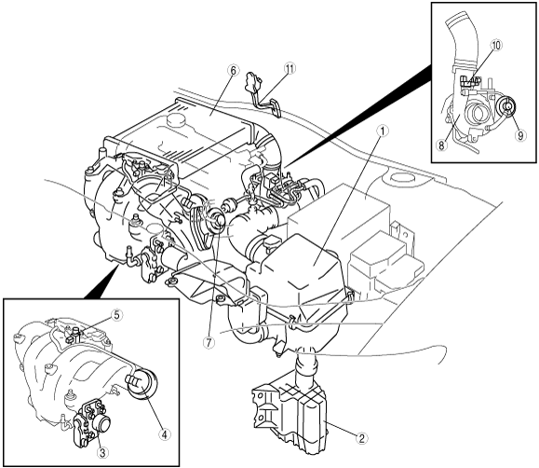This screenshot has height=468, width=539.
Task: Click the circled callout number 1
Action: tap(383, 131)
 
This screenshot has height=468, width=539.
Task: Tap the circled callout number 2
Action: tap(361, 438)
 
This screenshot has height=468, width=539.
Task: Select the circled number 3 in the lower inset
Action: tap(102, 452)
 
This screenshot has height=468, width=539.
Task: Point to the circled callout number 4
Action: tap(164, 435)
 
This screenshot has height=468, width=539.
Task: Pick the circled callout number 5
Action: tap(116, 315)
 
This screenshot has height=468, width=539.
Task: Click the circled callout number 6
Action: tap(233, 70)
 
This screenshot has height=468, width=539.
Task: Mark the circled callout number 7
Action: tap(209, 342)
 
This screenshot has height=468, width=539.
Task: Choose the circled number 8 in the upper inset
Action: tap(441, 145)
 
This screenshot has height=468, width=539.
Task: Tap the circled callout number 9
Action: tap(520, 135)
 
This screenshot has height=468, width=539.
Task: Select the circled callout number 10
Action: tap(496, 45)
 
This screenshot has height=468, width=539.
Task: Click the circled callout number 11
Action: tap(290, 69)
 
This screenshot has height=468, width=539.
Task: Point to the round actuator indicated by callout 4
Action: tap(142, 385)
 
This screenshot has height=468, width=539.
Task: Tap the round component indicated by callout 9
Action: tap(506, 107)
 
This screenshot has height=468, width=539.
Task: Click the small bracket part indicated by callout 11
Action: tap(263, 93)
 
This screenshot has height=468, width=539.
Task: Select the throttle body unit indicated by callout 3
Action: tap(92, 424)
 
